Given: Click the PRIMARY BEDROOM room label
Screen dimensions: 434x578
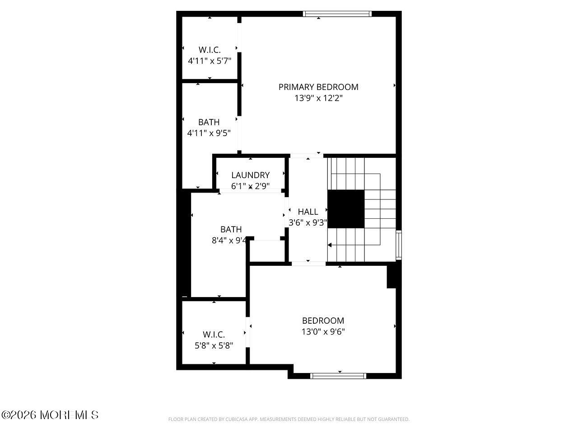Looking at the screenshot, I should coord(318,87).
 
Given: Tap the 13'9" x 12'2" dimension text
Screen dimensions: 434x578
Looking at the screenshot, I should coord(318,98).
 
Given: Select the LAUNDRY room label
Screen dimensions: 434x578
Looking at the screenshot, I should coord(250,175).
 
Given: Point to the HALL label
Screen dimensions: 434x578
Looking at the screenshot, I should coord(308,212).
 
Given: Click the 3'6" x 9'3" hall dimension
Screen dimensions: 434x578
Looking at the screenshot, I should coord(308,222).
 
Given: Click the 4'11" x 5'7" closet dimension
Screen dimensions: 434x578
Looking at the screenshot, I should coord(210,61).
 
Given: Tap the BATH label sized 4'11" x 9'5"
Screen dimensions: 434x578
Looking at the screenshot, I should coord(209,122).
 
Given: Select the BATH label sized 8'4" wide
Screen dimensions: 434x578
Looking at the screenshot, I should coord(231,229).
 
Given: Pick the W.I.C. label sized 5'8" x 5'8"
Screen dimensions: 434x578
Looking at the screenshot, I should coord(214,335).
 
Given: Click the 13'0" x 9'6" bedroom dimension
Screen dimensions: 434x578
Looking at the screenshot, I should coord(323,331).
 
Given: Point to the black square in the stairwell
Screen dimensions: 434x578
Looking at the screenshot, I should coord(345,208).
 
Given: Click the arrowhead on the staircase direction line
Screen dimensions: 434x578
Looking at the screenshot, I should coord(330,245).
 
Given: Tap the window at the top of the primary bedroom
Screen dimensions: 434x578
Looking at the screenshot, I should coord(337,14).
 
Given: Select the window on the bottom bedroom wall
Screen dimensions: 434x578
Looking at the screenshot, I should coord(338,376).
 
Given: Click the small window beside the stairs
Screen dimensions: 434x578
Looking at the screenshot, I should coord(399,245).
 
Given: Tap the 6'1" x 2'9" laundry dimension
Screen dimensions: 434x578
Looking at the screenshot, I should coord(250,186).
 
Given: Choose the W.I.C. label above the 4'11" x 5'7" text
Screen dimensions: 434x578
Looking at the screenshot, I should coord(210,50).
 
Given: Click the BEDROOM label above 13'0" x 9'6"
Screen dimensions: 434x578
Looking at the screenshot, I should coord(323,321).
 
